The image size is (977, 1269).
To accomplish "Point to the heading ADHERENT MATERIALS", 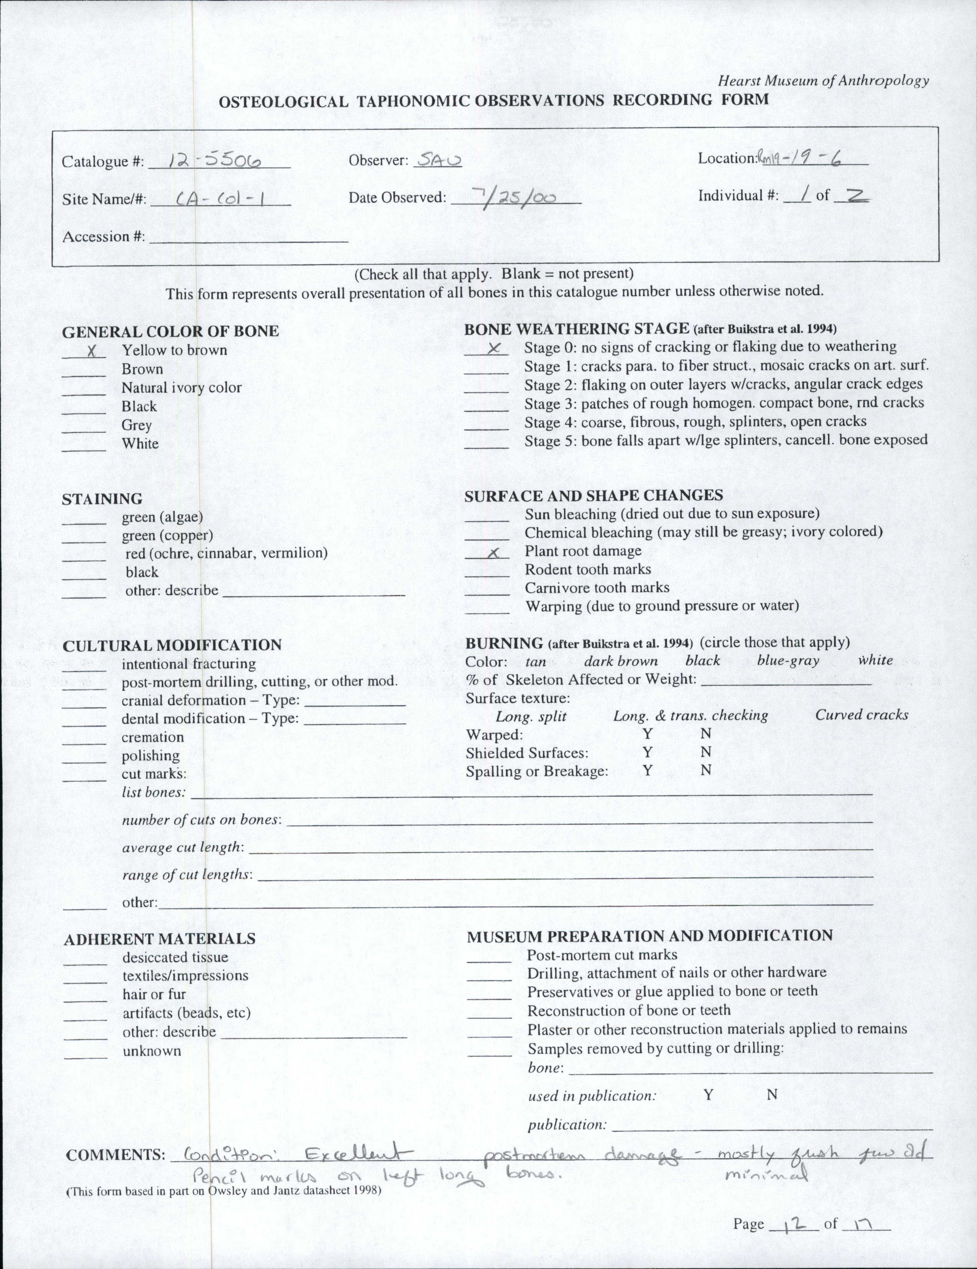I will click(x=159, y=938).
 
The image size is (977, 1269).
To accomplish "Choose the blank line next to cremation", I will click(x=84, y=742).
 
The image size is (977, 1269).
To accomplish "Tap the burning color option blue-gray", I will click(x=788, y=660).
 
